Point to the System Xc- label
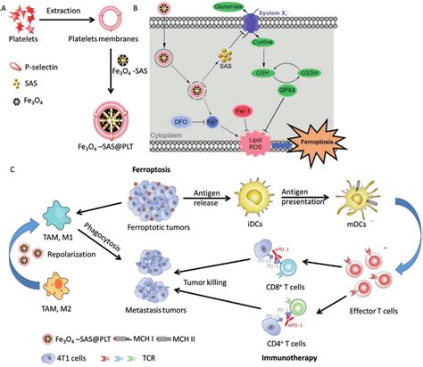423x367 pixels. pyautogui.click(x=303, y=13)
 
